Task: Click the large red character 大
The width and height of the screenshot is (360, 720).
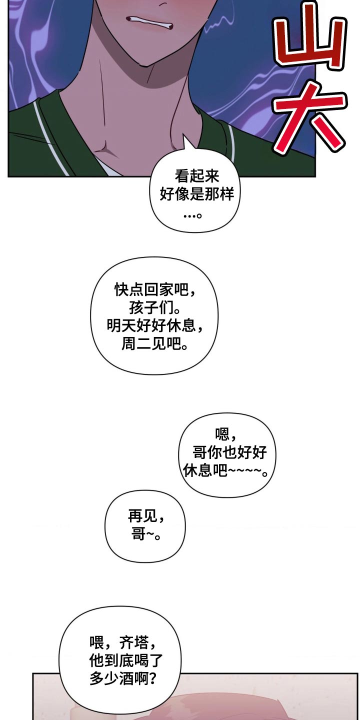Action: (310, 117)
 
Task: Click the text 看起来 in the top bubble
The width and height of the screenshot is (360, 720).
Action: (197, 176)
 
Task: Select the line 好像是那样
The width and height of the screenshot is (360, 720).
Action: (197, 194)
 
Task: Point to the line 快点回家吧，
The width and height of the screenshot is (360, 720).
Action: (154, 289)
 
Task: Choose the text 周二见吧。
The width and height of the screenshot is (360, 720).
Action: (154, 344)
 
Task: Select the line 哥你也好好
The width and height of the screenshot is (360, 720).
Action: (229, 452)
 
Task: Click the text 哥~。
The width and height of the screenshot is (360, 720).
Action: (145, 534)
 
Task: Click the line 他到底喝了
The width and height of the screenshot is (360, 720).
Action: (126, 660)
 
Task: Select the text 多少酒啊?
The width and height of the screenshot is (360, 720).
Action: (122, 678)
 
